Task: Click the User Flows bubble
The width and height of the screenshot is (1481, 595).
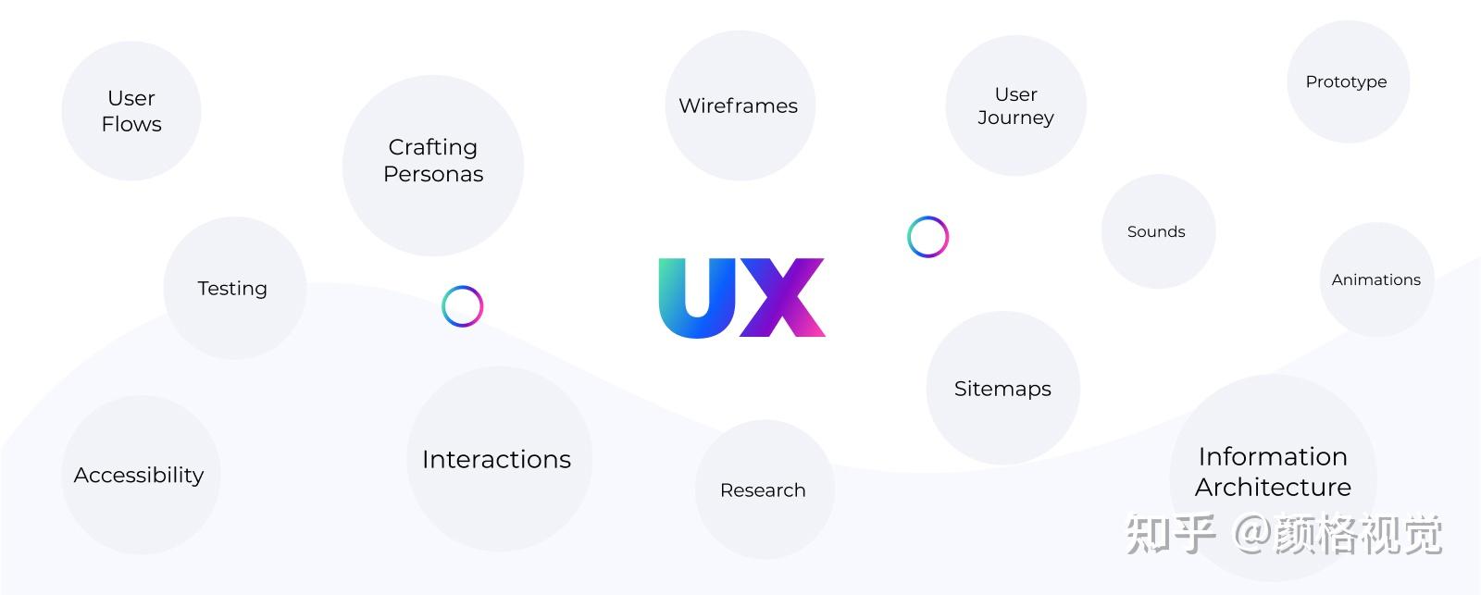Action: click(131, 111)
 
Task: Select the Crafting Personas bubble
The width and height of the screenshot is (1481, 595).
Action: click(433, 165)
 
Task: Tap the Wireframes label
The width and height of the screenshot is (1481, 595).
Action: click(738, 105)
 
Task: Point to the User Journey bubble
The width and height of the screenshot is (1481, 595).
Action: click(1015, 105)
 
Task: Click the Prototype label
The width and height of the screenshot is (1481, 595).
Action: click(1346, 81)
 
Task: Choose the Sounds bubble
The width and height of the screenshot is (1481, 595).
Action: click(1157, 231)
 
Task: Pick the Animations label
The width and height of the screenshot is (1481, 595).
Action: click(1375, 279)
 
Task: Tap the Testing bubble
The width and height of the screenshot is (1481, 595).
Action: click(233, 288)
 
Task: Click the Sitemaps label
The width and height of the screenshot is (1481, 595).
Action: click(1002, 389)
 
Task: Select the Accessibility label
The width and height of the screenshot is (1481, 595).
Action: click(139, 475)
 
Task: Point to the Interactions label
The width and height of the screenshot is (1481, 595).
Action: click(496, 459)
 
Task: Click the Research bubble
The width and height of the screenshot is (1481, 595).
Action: click(764, 490)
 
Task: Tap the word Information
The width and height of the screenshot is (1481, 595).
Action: click(1273, 456)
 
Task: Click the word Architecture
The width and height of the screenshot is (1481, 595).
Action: click(1273, 487)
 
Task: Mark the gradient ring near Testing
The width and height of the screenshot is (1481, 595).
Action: click(463, 306)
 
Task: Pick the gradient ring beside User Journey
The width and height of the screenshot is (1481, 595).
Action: click(927, 237)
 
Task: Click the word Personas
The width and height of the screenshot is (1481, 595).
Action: click(433, 174)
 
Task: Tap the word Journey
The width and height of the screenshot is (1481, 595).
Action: click(1015, 118)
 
